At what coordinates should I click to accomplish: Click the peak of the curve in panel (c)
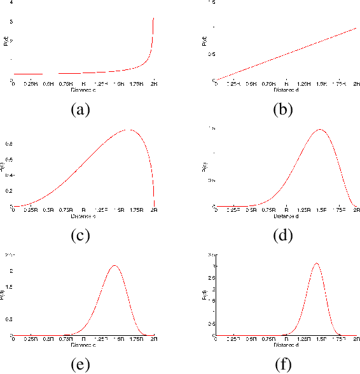129,130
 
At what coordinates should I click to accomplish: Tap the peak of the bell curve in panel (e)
114,265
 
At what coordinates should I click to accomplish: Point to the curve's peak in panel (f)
315,263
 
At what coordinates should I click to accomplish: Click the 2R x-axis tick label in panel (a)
153,84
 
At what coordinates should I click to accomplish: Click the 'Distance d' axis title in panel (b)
287,90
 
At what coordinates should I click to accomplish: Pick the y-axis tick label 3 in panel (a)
11,22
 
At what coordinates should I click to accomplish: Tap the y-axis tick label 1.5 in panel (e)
9,287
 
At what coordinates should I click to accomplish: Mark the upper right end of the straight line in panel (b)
357,28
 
